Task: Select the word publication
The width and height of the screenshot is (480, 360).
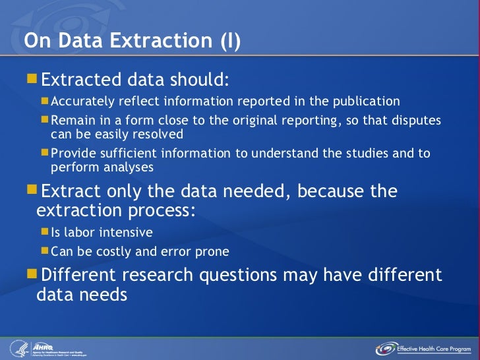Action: [x=364, y=102]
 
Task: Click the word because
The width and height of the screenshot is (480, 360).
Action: [x=324, y=192]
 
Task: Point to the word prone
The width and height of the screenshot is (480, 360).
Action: [x=212, y=251]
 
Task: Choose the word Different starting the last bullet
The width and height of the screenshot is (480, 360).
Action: [x=80, y=274]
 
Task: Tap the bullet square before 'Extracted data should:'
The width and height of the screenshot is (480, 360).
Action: [x=32, y=80]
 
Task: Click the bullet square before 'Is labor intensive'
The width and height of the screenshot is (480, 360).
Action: [x=44, y=232]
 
